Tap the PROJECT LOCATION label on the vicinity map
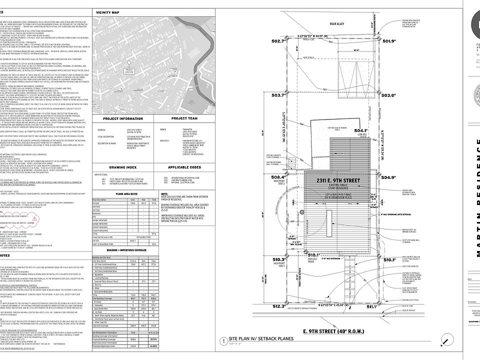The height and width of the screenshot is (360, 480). pyautogui.click(x=129, y=71)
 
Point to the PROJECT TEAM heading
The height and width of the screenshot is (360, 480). pyautogui.click(x=182, y=119)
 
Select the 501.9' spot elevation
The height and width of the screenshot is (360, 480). pyautogui.click(x=389, y=42)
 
